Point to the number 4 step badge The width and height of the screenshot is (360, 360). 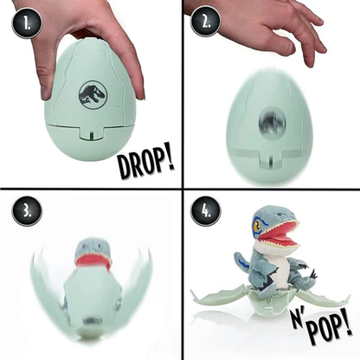(x=205, y=212)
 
